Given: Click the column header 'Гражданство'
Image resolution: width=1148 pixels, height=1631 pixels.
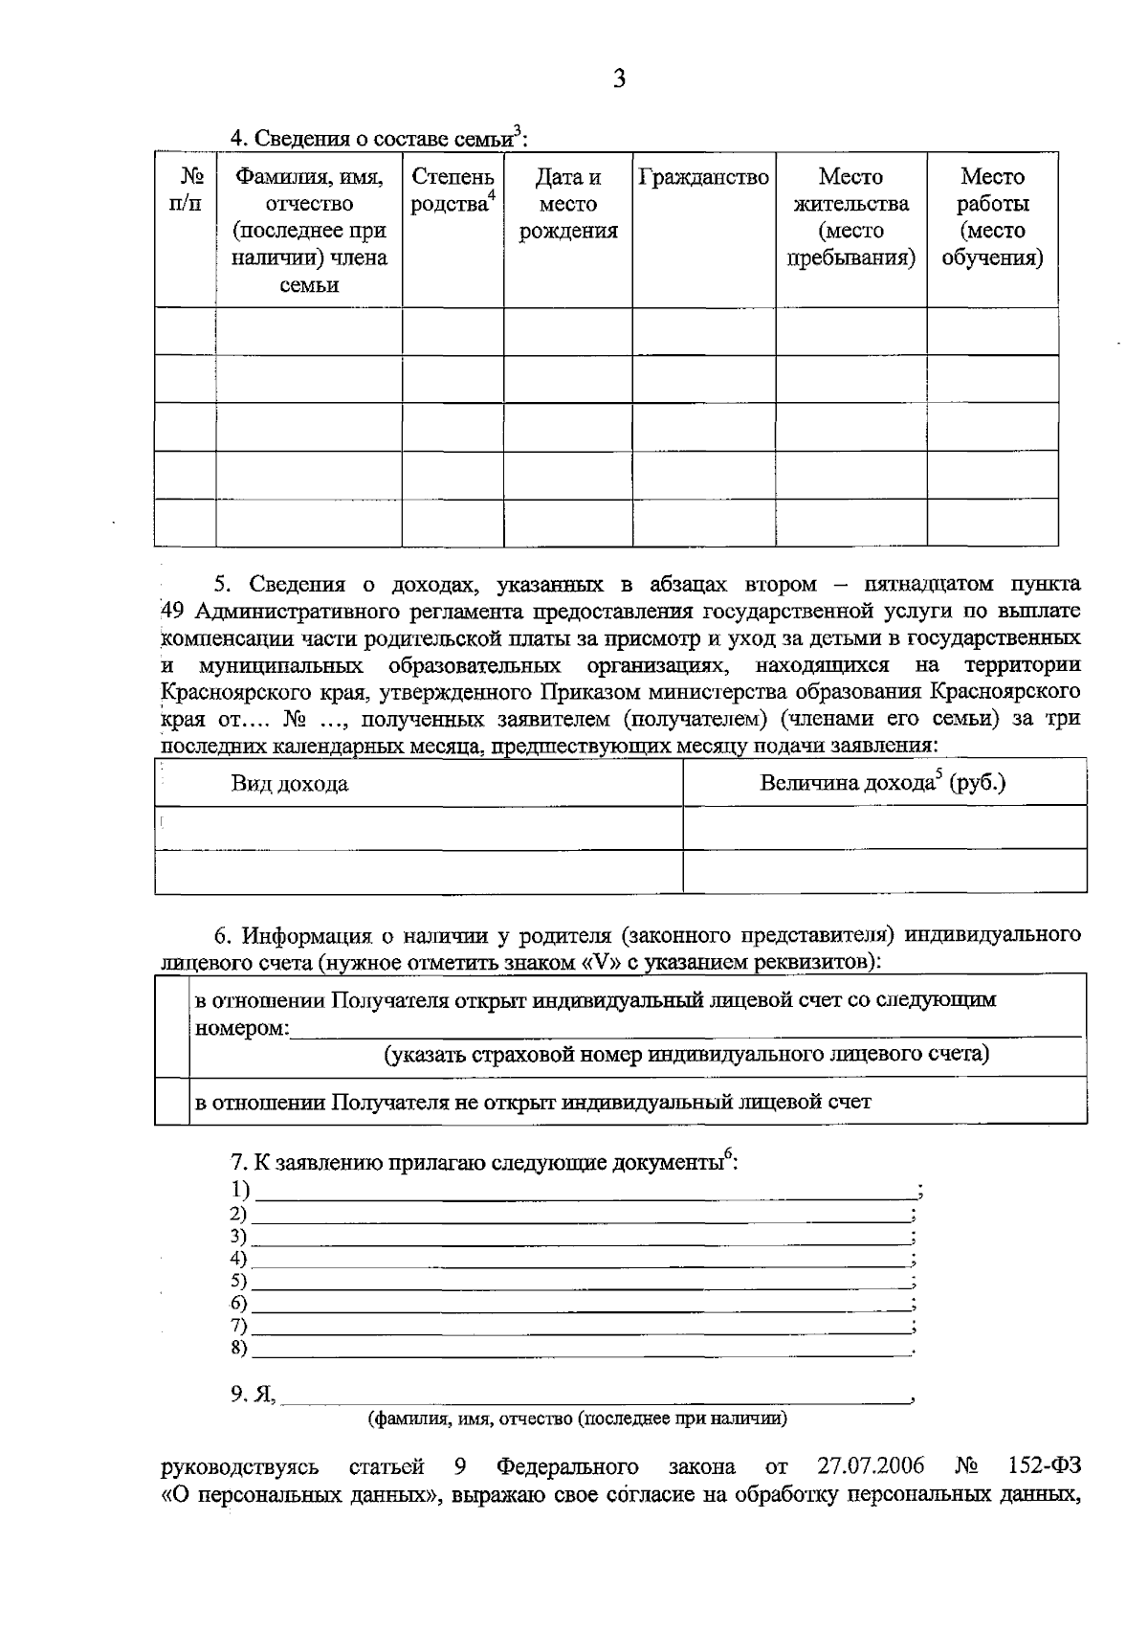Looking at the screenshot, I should click(703, 178).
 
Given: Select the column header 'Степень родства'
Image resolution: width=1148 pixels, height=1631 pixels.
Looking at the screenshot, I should click(453, 190).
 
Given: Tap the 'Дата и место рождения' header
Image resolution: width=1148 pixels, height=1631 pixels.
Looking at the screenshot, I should click(567, 204).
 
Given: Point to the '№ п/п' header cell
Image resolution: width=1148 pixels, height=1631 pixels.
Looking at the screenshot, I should click(185, 190).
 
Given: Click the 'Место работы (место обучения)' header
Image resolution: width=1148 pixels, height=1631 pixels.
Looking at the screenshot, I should click(992, 217).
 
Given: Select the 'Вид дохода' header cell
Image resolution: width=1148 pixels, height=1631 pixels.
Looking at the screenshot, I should click(289, 785).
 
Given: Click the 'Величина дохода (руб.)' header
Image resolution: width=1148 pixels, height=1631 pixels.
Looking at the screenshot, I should click(882, 783).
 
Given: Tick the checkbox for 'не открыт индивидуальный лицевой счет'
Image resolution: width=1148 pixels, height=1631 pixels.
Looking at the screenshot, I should click(171, 1101).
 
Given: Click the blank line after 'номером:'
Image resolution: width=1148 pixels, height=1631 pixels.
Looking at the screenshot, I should click(684, 1031).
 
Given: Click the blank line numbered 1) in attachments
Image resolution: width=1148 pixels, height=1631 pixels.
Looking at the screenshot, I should click(584, 1193).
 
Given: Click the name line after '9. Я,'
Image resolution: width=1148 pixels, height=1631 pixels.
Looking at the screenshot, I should click(595, 1396).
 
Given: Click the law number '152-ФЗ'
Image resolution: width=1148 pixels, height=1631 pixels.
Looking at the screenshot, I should click(1045, 1467).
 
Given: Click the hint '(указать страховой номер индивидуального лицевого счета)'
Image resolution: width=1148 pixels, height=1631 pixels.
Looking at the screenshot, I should click(686, 1055).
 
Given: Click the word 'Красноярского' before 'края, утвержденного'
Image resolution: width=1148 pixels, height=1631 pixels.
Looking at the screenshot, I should click(227, 692).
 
